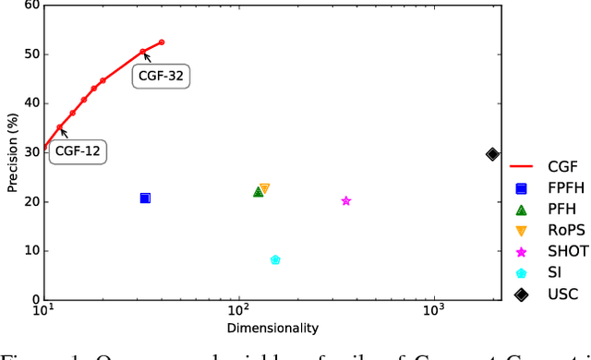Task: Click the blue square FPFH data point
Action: pyautogui.click(x=145, y=198)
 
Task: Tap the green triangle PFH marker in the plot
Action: pyautogui.click(x=259, y=191)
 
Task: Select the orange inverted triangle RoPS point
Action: pyautogui.click(x=264, y=188)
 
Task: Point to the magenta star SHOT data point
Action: pyautogui.click(x=346, y=201)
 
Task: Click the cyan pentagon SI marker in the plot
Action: pyautogui.click(x=275, y=260)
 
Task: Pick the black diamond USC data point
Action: pyautogui.click(x=492, y=154)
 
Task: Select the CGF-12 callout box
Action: pyautogui.click(x=78, y=151)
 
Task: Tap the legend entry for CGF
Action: pyautogui.click(x=549, y=167)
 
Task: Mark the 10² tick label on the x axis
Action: pyautogui.click(x=239, y=314)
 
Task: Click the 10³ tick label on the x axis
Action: pyautogui.click(x=435, y=314)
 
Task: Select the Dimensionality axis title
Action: pyautogui.click(x=272, y=329)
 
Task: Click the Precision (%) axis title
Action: pyautogui.click(x=12, y=151)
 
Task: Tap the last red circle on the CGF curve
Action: pyautogui.click(x=162, y=42)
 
